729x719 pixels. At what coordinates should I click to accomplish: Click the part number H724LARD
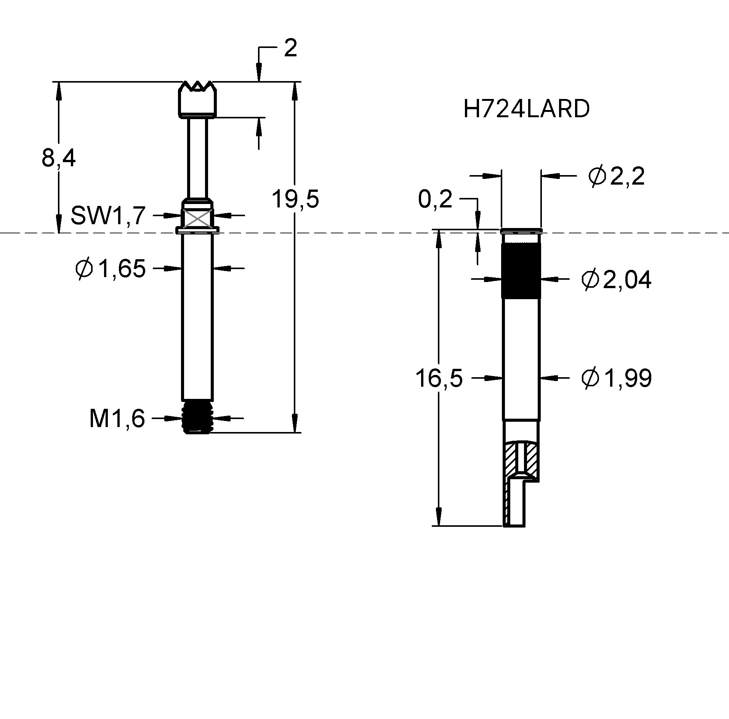point(526,109)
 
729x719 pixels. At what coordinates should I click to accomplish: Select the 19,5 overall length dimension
point(295,199)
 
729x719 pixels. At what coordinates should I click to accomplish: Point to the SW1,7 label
point(108,215)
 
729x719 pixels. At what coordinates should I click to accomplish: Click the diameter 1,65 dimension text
point(111,269)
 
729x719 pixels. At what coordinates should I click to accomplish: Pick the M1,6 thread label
point(117,419)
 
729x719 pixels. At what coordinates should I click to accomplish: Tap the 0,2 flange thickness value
point(435,199)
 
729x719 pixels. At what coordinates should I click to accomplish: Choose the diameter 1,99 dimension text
point(616,378)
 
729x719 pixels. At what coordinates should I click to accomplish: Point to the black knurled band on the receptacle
point(521,270)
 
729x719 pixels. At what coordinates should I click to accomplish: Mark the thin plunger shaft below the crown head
point(198,156)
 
